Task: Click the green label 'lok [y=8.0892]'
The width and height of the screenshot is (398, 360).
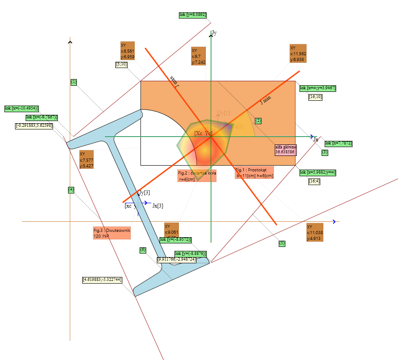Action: [x=193, y=15]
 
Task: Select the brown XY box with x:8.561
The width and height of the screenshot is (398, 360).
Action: [x=127, y=51]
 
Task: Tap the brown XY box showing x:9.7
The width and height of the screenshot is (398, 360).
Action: [x=198, y=56]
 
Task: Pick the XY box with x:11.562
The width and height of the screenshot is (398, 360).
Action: [x=298, y=53]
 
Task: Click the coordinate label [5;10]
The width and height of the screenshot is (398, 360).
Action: [x=121, y=64]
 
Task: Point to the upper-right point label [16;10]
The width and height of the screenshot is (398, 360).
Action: [x=315, y=97]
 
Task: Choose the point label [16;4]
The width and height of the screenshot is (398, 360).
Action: [x=315, y=181]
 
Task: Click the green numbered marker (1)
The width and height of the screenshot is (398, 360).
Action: [x=74, y=82]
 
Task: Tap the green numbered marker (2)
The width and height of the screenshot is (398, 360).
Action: [x=258, y=121]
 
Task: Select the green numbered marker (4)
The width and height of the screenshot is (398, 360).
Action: [x=71, y=190]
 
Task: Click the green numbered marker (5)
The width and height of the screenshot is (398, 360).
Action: [x=282, y=243]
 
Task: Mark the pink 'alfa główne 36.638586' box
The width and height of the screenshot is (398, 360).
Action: [x=285, y=150]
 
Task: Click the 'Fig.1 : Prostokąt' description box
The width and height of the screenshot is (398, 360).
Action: [x=254, y=173]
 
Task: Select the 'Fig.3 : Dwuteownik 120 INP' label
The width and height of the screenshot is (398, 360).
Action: [x=112, y=233]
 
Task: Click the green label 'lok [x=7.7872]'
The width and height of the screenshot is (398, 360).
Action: [x=338, y=143]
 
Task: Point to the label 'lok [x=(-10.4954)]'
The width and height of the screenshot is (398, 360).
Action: [x=22, y=108]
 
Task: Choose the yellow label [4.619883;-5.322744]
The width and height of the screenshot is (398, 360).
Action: [x=102, y=280]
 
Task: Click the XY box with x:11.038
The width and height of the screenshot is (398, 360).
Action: [x=315, y=232]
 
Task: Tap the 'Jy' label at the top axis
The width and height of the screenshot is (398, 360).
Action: [x=214, y=33]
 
